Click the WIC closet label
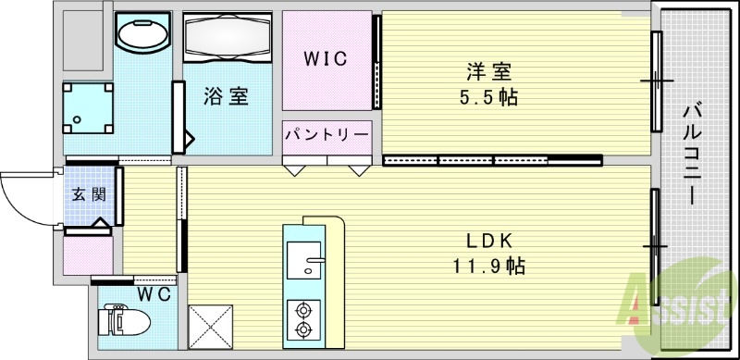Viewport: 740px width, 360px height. [x=327, y=59]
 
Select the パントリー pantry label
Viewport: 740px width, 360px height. [x=327, y=134]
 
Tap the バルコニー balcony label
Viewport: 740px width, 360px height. [x=692, y=153]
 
